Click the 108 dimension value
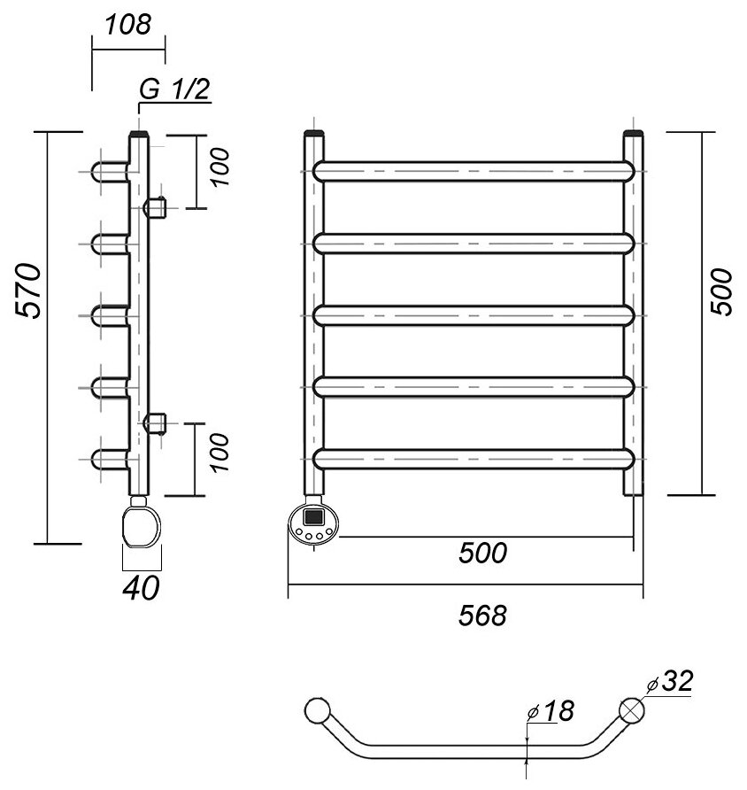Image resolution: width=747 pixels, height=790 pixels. click(127, 25)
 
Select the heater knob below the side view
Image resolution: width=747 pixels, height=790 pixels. click(142, 523)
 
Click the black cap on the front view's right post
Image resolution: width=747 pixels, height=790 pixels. click(634, 135)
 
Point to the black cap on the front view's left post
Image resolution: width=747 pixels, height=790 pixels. click(316, 135)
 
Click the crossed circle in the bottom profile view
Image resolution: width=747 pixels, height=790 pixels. click(633, 710)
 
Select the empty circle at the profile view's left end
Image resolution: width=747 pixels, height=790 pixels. click(316, 710)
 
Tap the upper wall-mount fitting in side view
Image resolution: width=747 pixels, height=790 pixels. click(157, 208)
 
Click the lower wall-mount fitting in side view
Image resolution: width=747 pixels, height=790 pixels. click(157, 423)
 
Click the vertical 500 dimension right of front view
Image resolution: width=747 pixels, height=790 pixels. click(720, 293)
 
